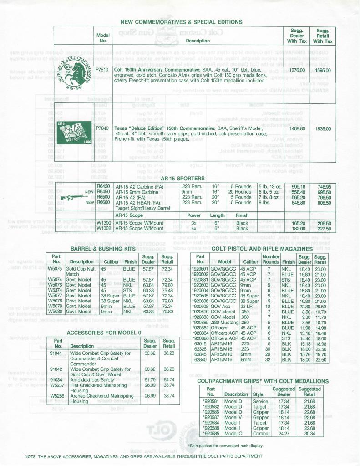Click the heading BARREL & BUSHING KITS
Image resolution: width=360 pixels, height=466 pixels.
pyautogui.click(x=102, y=249)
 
